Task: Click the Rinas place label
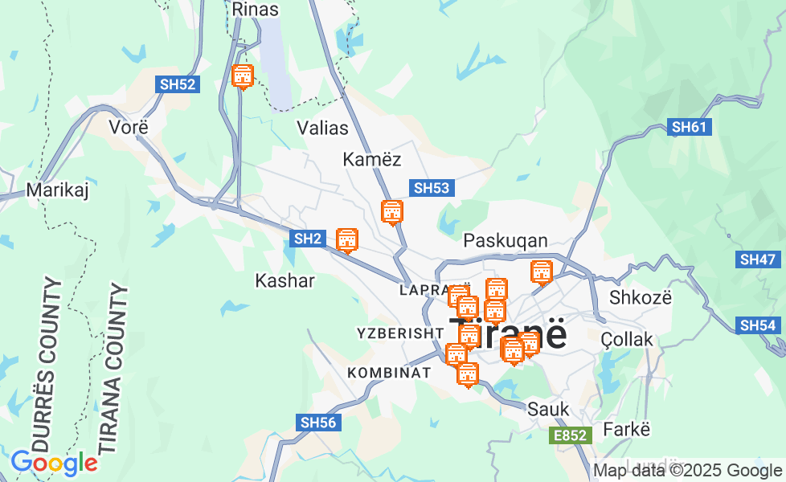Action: pos(255,10)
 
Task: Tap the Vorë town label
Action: pos(129,127)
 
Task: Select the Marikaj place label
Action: pos(57,190)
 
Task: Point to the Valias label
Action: pos(322,128)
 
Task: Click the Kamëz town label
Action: pos(371,159)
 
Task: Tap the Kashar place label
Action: pos(285,280)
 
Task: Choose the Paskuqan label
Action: pos(506,241)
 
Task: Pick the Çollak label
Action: pos(627,340)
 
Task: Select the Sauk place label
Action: pos(548,409)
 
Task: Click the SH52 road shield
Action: pos(178,84)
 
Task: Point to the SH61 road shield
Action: pos(690,127)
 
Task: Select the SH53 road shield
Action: pos(432,188)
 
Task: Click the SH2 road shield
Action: pos(308,239)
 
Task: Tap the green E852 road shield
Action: pos(571,435)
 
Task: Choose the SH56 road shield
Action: pos(318,423)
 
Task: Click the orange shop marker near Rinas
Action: pos(242,76)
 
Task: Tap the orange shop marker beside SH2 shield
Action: pos(346,239)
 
